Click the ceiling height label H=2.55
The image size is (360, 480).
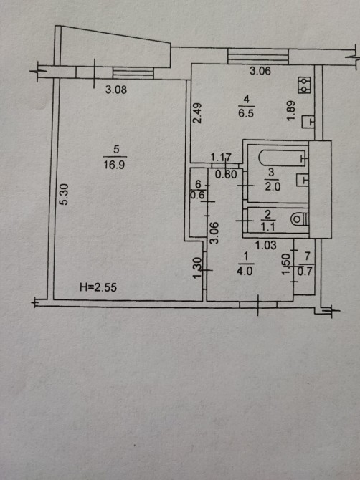point(98,287)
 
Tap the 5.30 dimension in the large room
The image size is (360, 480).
point(65,194)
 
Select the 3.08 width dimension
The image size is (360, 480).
point(116,90)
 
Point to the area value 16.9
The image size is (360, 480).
point(114,165)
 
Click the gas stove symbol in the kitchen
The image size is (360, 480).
point(304,85)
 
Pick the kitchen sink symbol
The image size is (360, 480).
point(308,122)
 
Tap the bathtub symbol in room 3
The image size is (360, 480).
point(283,158)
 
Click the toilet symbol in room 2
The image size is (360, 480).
point(299,219)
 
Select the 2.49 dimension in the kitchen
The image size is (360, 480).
point(198,113)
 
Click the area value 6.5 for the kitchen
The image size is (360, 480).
point(246,114)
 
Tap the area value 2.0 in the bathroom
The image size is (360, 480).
point(273,186)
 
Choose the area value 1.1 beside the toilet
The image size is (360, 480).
point(268,227)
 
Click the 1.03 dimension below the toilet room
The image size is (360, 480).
point(266,245)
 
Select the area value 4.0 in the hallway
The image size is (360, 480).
point(245,272)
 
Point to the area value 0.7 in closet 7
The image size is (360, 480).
point(305,272)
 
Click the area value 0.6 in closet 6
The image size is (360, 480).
point(197,195)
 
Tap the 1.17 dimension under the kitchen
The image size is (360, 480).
point(221,158)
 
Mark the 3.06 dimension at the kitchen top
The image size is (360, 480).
point(260,71)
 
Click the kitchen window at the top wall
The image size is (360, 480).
point(258,57)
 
